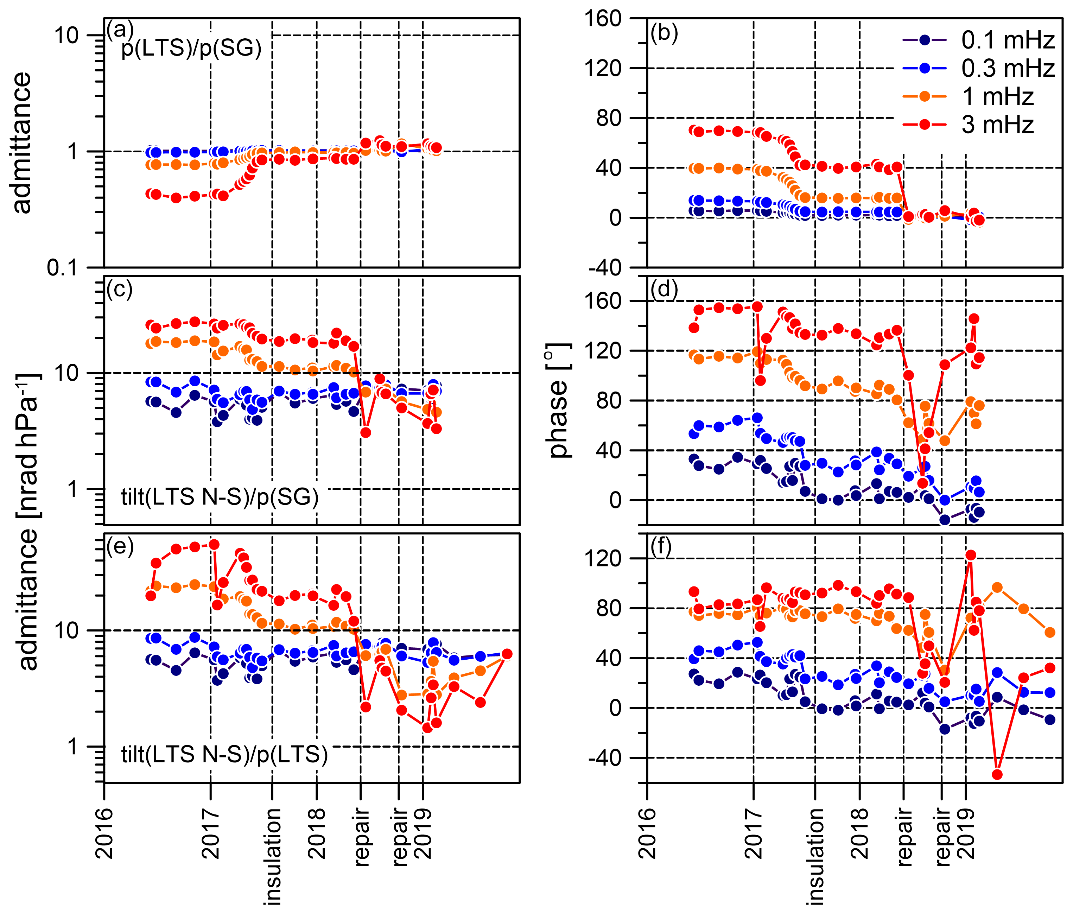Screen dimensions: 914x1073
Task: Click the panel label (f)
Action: [x=661, y=547]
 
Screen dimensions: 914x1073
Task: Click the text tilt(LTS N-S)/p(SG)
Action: [x=220, y=497]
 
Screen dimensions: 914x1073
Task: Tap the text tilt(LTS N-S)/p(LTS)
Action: [x=224, y=755]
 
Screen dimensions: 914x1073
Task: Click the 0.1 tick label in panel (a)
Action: [x=62, y=268]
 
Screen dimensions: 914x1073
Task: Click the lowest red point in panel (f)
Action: [x=997, y=775]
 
